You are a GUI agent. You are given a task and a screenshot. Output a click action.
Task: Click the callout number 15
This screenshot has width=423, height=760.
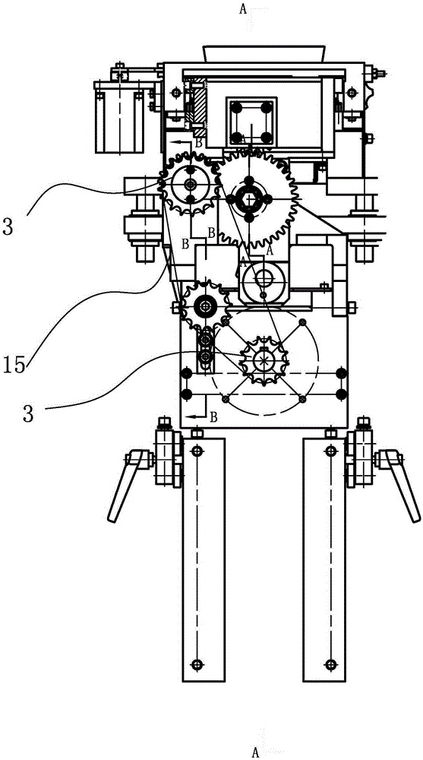pos(14,365)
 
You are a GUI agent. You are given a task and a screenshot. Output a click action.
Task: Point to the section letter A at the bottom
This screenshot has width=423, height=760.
pos(255,752)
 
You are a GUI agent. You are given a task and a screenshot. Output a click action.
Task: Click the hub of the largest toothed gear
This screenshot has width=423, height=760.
pos(249,199)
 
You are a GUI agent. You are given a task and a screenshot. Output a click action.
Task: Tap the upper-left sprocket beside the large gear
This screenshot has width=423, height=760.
pos(189,184)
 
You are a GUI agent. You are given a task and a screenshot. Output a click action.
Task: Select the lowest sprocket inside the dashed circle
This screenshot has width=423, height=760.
pos(264,360)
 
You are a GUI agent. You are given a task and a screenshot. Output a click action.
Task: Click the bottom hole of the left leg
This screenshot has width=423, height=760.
pos(196,664)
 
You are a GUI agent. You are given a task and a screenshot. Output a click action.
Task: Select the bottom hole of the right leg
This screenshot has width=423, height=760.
pos(330,664)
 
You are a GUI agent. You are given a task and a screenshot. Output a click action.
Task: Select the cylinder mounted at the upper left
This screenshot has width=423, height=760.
pos(119,117)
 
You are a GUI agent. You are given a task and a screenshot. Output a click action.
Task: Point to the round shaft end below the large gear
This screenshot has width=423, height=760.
pos(264,279)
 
